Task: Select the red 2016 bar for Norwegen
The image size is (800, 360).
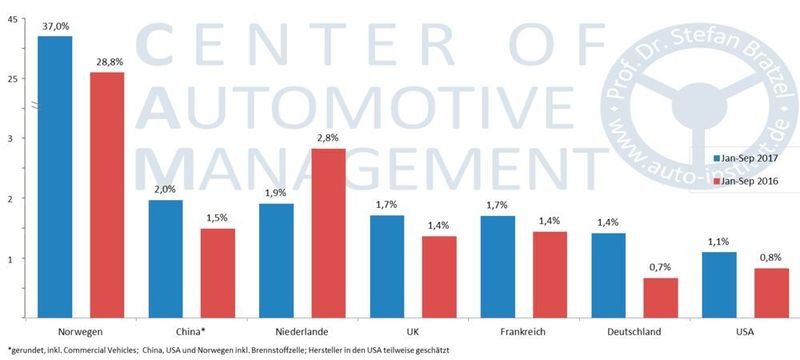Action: click(107, 195)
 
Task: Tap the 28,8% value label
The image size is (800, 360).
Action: click(107, 63)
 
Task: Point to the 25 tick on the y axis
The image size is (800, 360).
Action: click(13, 78)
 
